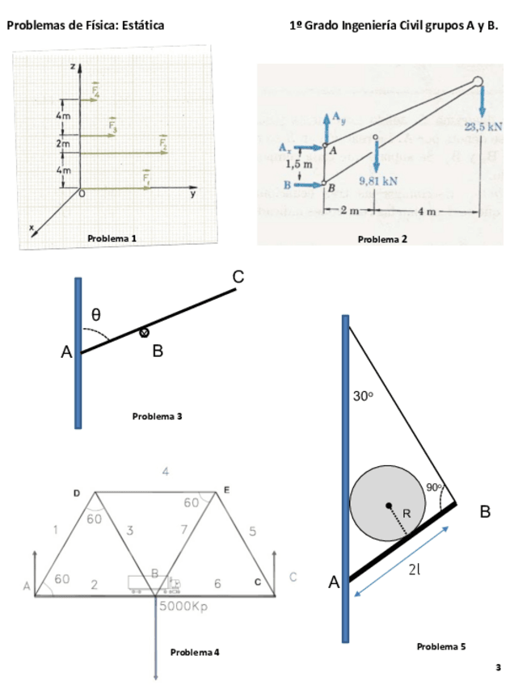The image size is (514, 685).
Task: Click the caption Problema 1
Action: tap(112, 238)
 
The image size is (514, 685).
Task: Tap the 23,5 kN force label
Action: tap(483, 127)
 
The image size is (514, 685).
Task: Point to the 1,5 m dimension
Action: tap(300, 165)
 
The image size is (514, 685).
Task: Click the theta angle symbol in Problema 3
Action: tap(95, 313)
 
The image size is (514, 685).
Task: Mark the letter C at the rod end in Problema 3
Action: tap(238, 277)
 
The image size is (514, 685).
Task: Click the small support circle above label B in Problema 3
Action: tap(145, 332)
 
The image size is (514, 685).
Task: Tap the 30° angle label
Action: tap(363, 397)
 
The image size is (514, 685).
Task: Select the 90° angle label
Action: tap(436, 487)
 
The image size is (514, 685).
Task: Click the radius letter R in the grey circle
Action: tap(407, 515)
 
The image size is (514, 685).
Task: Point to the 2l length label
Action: tap(415, 569)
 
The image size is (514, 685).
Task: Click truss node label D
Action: tap(77, 493)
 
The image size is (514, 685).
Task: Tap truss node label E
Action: tap(226, 490)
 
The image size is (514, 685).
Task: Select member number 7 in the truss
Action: tap(184, 530)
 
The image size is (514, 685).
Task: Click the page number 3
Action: tap(499, 667)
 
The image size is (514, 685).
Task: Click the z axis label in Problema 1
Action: tap(73, 65)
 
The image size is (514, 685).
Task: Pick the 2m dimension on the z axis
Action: tap(62, 143)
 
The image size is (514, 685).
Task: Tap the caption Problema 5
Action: tap(441, 646)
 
